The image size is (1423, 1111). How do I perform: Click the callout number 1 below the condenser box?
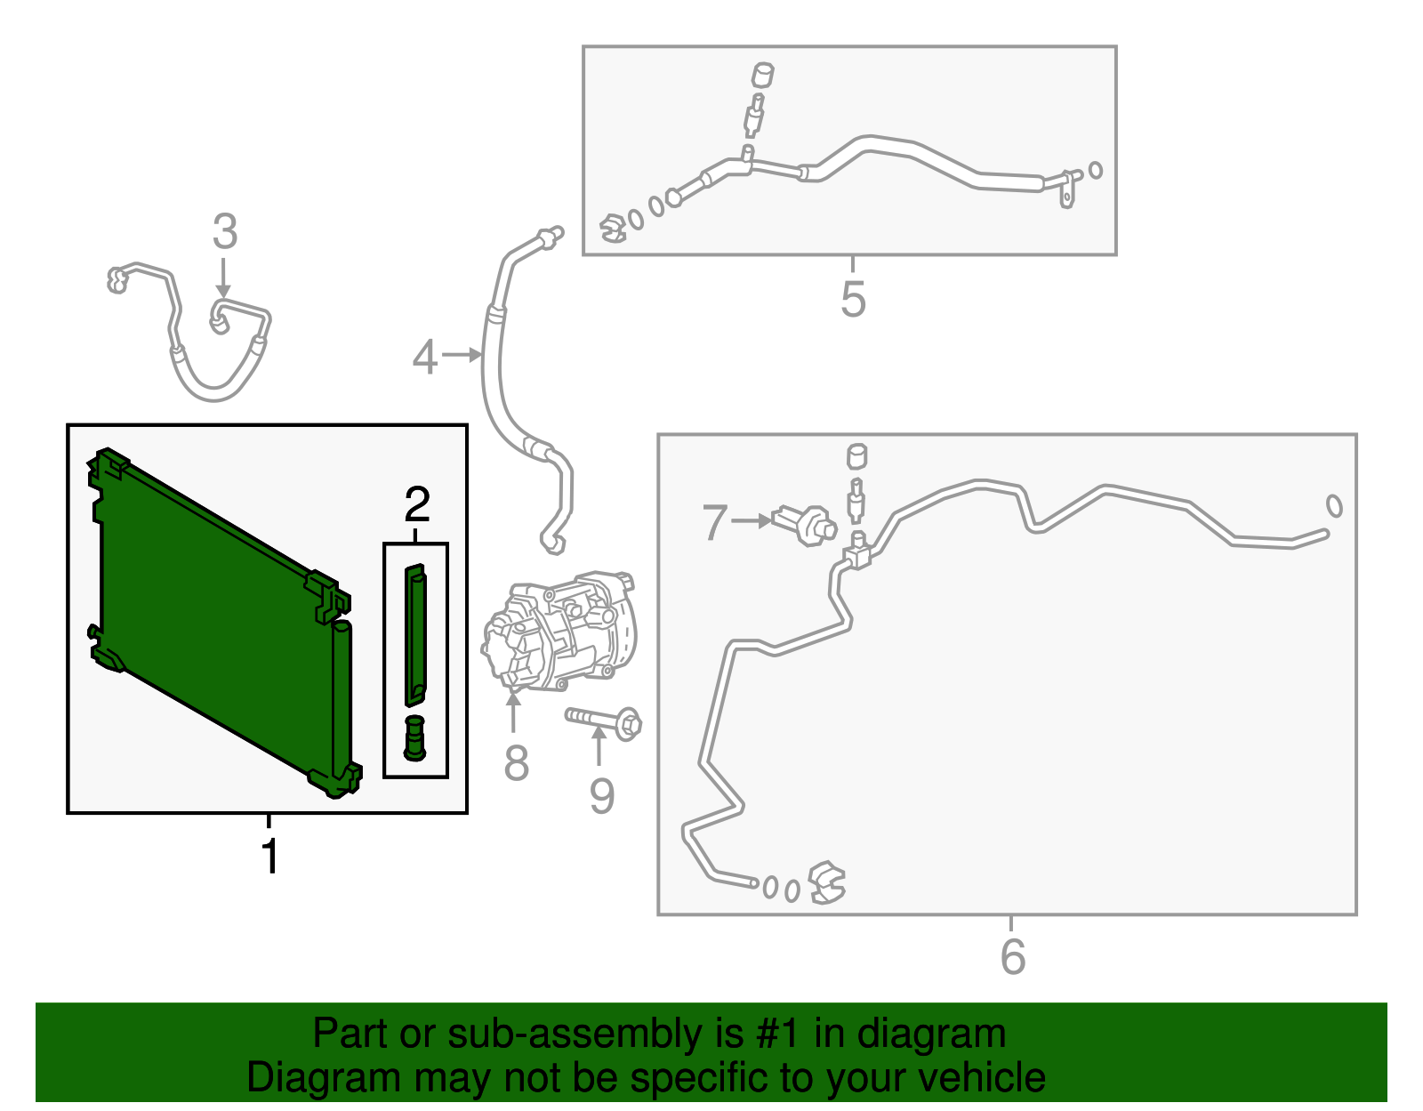tap(269, 856)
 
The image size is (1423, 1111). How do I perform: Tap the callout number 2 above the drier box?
tap(417, 504)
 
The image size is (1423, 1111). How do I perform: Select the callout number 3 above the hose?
tap(225, 231)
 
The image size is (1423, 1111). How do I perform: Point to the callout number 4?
tap(425, 358)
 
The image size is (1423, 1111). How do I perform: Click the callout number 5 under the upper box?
tap(853, 299)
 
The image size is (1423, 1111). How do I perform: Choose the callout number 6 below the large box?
tap(1012, 956)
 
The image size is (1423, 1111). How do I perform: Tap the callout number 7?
tap(714, 522)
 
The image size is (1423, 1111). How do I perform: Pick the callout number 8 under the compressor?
tap(516, 762)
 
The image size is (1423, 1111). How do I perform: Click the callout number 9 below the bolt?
tap(602, 797)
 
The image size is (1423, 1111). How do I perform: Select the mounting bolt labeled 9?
tap(603, 722)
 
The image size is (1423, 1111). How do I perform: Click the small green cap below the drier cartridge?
tap(414, 738)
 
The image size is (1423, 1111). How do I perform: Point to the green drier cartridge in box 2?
tap(415, 634)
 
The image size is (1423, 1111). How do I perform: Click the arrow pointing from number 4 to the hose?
tap(462, 355)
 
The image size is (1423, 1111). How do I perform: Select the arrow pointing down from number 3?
tap(223, 278)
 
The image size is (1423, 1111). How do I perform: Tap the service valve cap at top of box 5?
tap(761, 75)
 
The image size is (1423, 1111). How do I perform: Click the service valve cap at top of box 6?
tap(857, 456)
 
